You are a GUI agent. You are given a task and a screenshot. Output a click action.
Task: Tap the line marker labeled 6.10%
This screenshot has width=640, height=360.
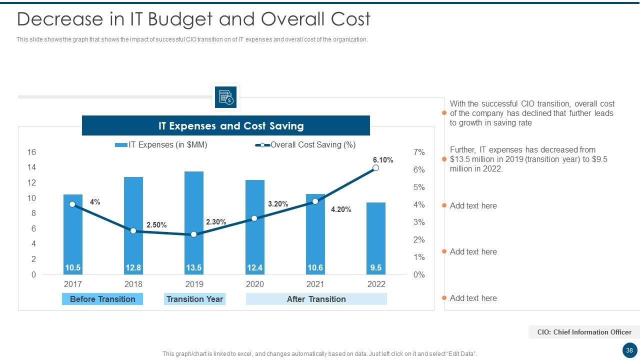[376, 168]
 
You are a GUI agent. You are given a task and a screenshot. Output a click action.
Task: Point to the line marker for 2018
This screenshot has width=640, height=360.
[133, 231]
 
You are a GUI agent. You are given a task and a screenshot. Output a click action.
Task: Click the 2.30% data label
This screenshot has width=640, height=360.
[216, 222]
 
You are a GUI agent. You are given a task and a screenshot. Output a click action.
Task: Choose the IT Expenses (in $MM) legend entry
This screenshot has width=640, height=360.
[161, 145]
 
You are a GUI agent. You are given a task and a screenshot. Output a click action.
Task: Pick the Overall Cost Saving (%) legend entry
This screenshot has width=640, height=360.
[306, 145]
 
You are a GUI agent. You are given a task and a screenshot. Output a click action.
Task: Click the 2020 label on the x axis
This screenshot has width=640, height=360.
[254, 284]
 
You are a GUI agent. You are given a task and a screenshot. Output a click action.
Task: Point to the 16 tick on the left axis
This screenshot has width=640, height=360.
[31, 152]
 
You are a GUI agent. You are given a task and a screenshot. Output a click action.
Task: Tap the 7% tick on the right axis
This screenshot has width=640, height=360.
[419, 152]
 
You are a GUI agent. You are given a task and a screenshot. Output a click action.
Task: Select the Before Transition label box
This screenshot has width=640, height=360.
[102, 299]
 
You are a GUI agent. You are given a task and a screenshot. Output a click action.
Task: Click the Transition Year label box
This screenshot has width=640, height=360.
[194, 299]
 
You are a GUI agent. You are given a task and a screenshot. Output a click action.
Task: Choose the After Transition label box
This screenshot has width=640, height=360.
[316, 299]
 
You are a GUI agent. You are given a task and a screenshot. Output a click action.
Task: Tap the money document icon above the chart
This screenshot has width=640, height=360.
[226, 97]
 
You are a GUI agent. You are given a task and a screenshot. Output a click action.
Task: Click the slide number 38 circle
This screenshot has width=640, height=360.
[629, 350]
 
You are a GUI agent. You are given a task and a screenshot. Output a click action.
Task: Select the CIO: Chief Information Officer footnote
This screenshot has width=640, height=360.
[584, 332]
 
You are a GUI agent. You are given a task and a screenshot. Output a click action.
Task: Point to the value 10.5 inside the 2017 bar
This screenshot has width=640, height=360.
[72, 268]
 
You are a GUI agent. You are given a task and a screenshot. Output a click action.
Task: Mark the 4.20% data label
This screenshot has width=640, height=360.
[341, 209]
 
